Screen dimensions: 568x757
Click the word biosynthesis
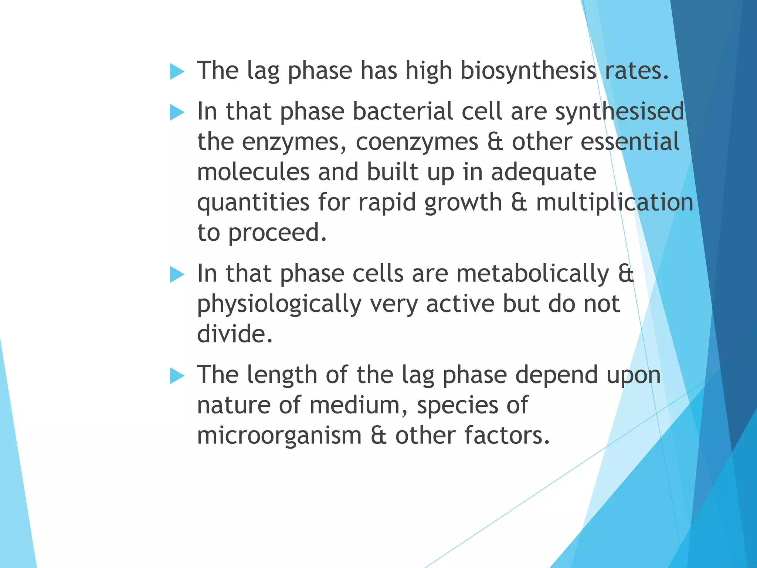click(x=528, y=71)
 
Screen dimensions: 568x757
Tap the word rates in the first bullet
click(x=636, y=71)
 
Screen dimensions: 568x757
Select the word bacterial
click(x=403, y=111)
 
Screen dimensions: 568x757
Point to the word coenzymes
click(x=417, y=142)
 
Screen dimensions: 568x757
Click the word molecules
click(x=253, y=172)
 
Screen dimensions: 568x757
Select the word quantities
click(x=253, y=203)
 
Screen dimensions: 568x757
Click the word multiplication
click(x=614, y=203)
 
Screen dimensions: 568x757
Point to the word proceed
click(x=277, y=233)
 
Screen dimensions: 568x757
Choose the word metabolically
click(x=533, y=274)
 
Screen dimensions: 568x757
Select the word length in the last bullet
click(x=282, y=375)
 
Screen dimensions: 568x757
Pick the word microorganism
click(x=279, y=436)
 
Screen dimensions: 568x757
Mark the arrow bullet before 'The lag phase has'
click(x=177, y=71)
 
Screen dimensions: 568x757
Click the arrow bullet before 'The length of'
click(x=177, y=376)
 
